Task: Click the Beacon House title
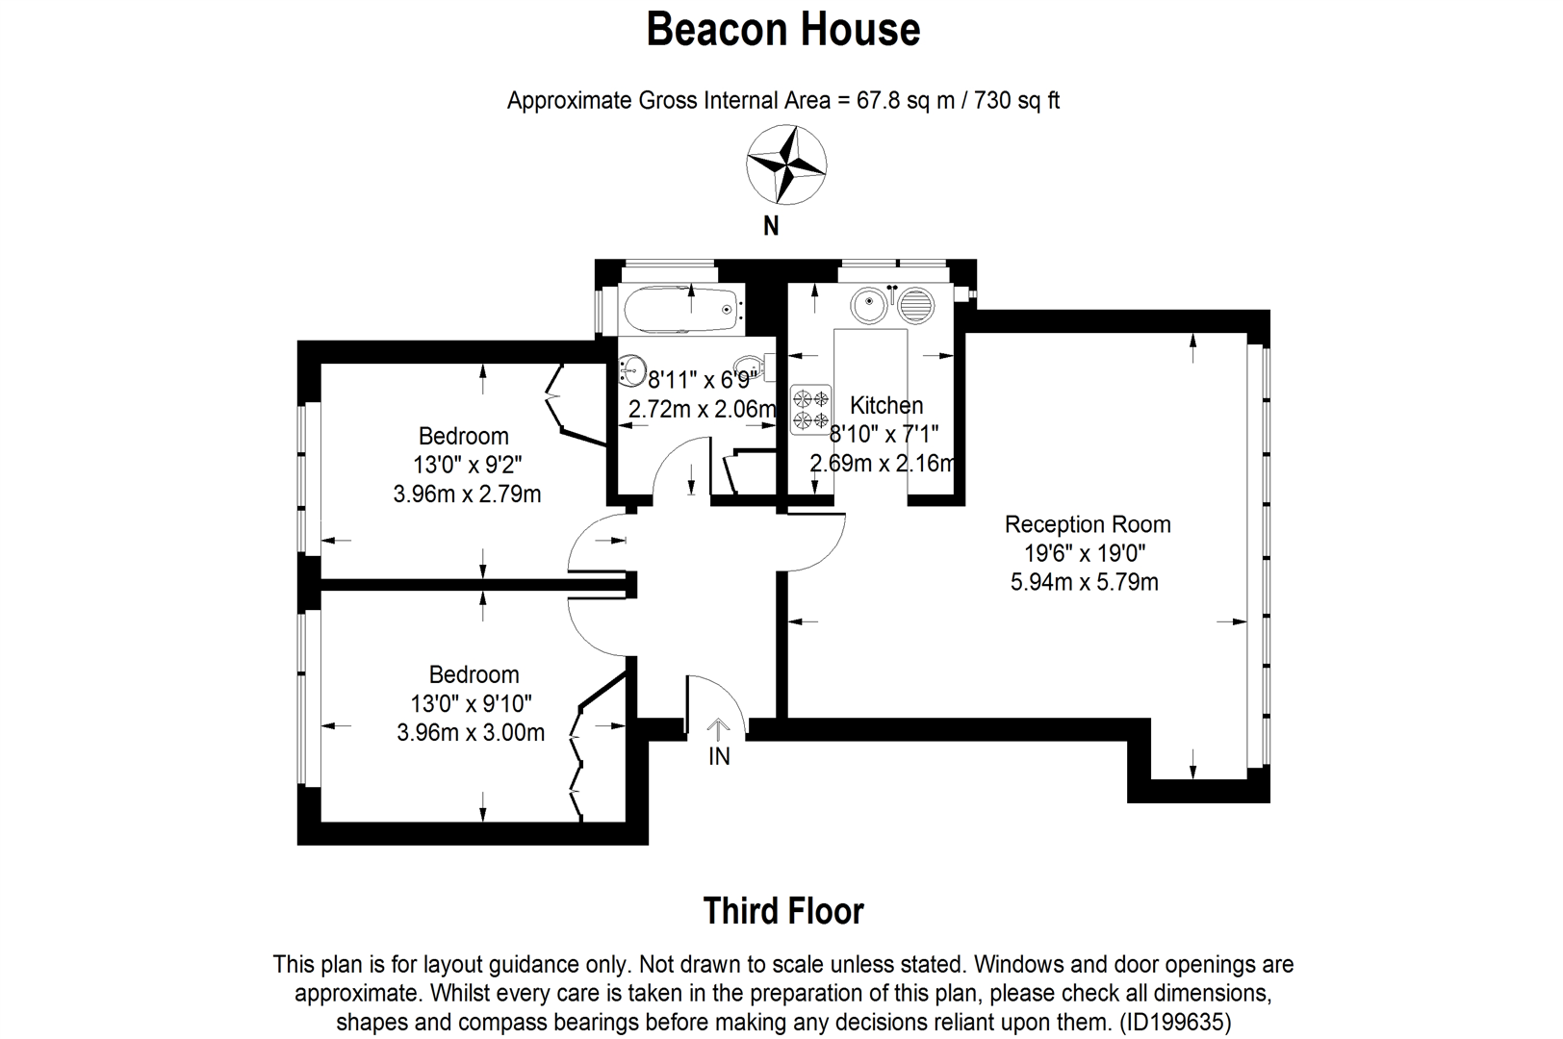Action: pos(782,29)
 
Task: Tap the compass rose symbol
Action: pos(786,165)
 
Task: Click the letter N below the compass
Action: pos(770,226)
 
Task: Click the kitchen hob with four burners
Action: pos(810,409)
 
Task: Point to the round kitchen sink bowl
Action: pos(869,305)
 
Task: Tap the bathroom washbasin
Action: pos(632,368)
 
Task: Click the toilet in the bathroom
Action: pos(755,367)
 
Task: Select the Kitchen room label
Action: pos(886,405)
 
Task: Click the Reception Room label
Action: pos(1088,524)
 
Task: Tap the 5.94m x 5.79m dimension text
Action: pos(1085,582)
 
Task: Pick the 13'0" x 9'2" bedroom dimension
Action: pos(468,464)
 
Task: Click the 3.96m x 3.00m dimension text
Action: pos(471,733)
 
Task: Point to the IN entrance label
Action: pos(719,756)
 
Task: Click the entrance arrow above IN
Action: pos(718,730)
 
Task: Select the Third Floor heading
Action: pos(783,911)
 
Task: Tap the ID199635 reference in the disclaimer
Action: pos(1175,1023)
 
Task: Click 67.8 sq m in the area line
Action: pos(905,100)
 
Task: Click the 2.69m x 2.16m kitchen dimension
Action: pos(883,463)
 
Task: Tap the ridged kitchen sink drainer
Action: pos(914,305)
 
